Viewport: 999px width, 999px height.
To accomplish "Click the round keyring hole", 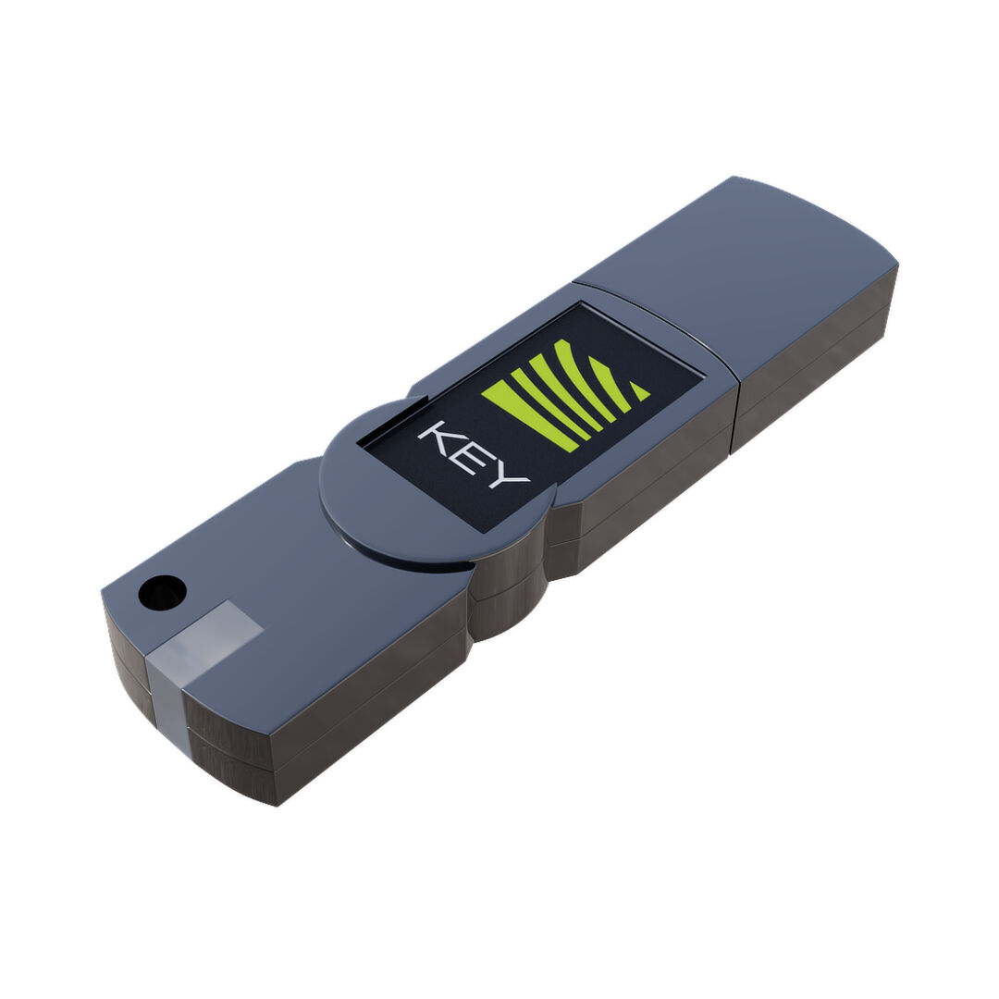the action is coord(163,593).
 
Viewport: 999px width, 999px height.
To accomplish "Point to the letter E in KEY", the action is coord(470,461).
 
